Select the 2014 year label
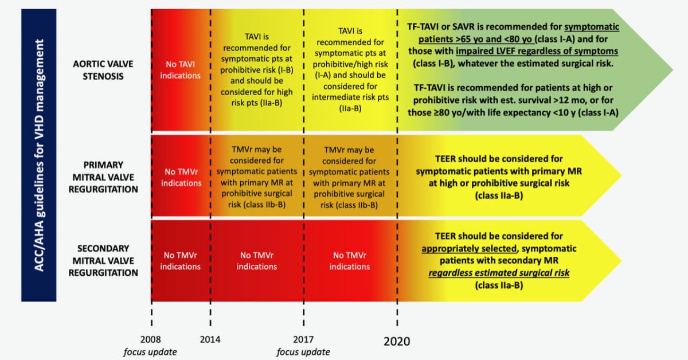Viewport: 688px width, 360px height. coord(210,340)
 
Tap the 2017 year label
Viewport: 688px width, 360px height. coord(303,340)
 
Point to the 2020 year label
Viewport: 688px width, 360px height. coord(397,341)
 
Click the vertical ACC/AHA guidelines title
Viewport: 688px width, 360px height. coord(38,155)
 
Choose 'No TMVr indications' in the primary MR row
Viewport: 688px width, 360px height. coord(181,178)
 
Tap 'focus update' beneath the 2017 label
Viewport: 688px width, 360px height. coord(303,352)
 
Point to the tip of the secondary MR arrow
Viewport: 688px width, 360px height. coord(621,260)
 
